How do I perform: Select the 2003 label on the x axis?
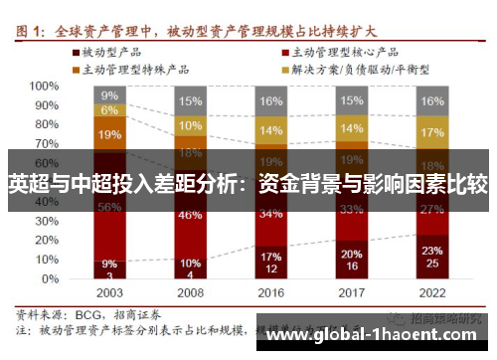coord(109,294)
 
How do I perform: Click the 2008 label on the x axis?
coord(191,294)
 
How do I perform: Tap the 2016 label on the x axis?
coord(271,294)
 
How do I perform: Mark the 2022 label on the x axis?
coord(432,294)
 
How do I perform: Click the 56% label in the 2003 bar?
coord(109,207)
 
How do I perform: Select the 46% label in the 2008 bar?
coord(191,214)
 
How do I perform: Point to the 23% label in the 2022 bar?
coord(432,251)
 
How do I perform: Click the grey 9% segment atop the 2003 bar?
coord(109,95)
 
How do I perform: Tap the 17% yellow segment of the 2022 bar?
coord(432,132)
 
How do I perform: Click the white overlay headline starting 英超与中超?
coord(248,183)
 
